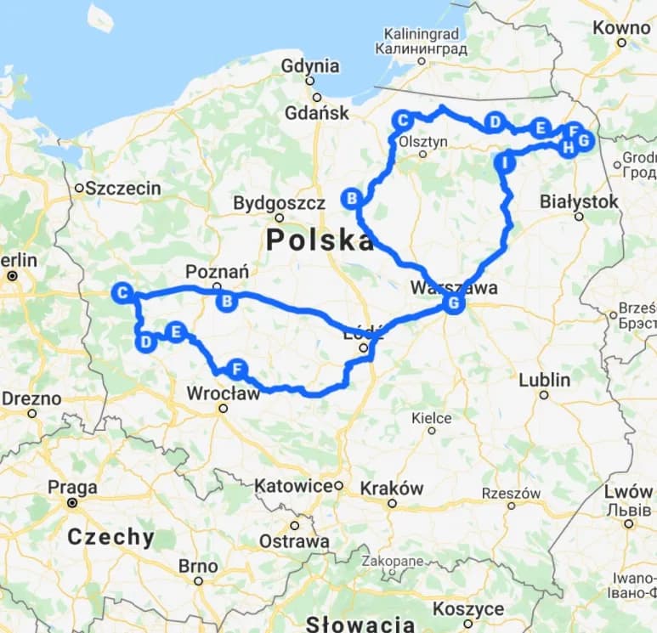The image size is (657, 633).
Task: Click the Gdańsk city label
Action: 316,113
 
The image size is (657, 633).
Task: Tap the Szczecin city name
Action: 123,189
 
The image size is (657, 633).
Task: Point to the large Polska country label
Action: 320,240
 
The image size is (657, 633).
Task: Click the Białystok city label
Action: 580,201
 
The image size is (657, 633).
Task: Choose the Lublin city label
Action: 544,380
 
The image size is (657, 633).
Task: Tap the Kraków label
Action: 391,489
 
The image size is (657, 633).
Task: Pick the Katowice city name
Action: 293,486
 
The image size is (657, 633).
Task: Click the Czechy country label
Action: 111,537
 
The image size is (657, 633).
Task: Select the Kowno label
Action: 621,27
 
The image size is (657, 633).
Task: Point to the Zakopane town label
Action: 392,562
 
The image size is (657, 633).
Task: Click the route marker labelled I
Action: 505,162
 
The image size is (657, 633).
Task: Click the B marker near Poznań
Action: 227,302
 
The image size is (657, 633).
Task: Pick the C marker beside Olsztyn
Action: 403,120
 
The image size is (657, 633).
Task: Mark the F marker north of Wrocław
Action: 237,369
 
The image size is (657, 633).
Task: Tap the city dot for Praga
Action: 72,503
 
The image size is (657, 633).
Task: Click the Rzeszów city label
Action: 511,493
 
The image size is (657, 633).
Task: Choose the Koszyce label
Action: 467,609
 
